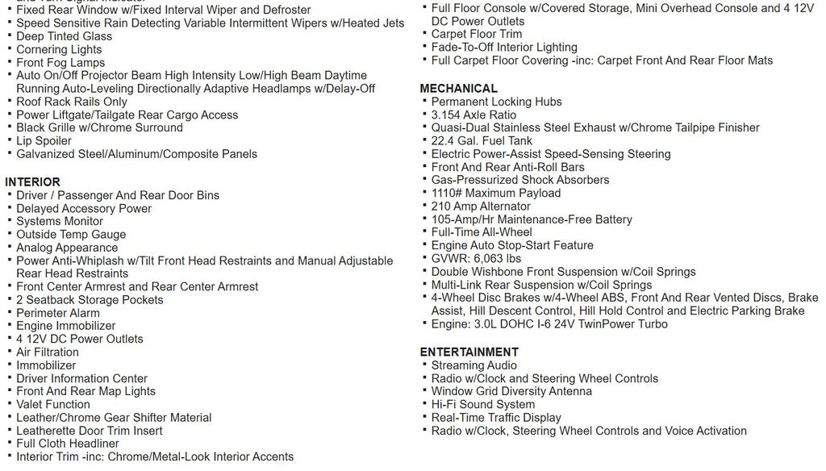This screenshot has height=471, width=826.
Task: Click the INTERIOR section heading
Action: [32, 182]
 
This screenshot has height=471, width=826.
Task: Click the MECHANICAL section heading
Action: [458, 89]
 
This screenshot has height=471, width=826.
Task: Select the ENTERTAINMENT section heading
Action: [469, 352]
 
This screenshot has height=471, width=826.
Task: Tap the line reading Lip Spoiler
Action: [44, 141]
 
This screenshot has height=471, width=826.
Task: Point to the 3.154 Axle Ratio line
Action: [473, 115]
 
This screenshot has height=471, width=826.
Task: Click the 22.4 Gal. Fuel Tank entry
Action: [482, 141]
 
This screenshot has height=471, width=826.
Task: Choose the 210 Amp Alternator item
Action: [481, 206]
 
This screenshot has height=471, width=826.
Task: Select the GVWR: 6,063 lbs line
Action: [476, 259]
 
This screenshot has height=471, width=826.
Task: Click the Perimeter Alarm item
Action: [58, 313]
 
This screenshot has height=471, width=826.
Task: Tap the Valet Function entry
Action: [53, 405]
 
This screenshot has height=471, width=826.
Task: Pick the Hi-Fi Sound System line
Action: [482, 405]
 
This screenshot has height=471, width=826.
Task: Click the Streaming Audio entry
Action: [474, 365]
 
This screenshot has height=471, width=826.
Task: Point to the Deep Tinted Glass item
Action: [64, 36]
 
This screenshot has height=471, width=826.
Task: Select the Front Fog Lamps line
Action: [60, 63]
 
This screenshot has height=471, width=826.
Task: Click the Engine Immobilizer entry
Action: [65, 326]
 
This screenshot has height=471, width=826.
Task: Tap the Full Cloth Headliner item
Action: [68, 444]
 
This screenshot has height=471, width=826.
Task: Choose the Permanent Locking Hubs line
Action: [496, 102]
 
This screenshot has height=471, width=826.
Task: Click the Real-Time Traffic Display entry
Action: [495, 418]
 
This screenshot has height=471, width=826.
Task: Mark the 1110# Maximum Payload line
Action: [495, 194]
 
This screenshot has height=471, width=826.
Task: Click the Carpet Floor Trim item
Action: [476, 34]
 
